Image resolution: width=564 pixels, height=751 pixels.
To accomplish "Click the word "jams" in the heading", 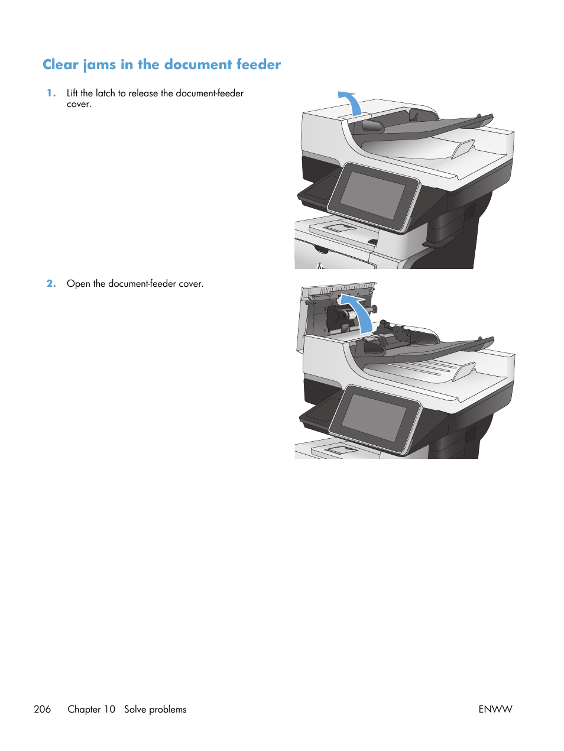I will click(99, 65).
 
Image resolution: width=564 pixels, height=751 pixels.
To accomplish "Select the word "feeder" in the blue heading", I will click(258, 64).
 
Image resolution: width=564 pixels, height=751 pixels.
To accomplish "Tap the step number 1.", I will click(51, 93).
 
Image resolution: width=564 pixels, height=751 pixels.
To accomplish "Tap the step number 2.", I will click(51, 283).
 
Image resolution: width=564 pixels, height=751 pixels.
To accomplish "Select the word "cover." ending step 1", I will click(79, 104).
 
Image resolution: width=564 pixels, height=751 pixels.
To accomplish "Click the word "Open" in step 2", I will click(79, 284).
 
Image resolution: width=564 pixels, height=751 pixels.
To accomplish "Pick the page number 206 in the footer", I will click(43, 709).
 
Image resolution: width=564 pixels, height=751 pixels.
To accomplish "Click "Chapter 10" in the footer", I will click(92, 709).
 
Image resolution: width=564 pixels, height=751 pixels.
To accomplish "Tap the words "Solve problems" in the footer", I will click(155, 709).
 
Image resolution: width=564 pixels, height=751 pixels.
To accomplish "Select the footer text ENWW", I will click(495, 709).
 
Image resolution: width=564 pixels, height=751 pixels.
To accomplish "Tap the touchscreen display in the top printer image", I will click(373, 195).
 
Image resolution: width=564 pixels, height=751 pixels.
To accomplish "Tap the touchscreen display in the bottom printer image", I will click(375, 417).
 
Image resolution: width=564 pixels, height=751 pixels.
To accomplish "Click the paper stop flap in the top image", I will click(463, 149).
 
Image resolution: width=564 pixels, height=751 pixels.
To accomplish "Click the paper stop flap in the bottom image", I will click(464, 372).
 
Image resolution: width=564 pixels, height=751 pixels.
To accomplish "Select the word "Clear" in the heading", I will click(60, 64).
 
